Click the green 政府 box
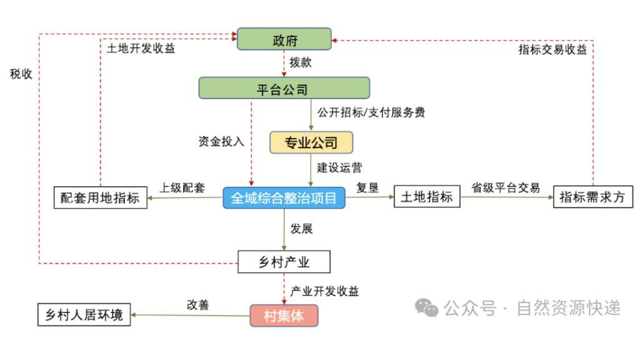point(284,39)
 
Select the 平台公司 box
point(284,88)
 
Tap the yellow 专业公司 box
point(311,142)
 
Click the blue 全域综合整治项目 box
point(284,198)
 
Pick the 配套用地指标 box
point(100,197)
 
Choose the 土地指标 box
point(426,197)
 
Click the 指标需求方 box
point(593,197)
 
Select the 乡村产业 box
point(284,262)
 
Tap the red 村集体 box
point(284,316)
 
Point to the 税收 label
point(21,74)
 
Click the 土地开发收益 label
point(141,49)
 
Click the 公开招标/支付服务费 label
point(371,112)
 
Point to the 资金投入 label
point(221,142)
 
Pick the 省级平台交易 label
point(505,187)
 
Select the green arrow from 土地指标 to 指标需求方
point(506,197)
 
